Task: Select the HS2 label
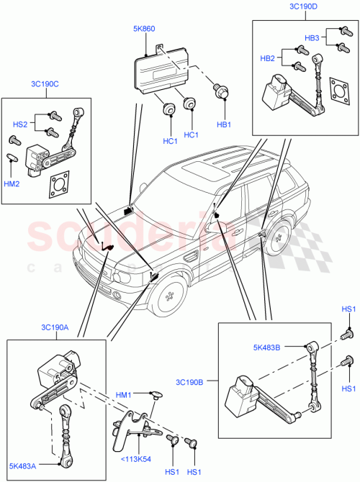pos(21,124)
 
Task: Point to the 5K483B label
pos(267,348)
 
